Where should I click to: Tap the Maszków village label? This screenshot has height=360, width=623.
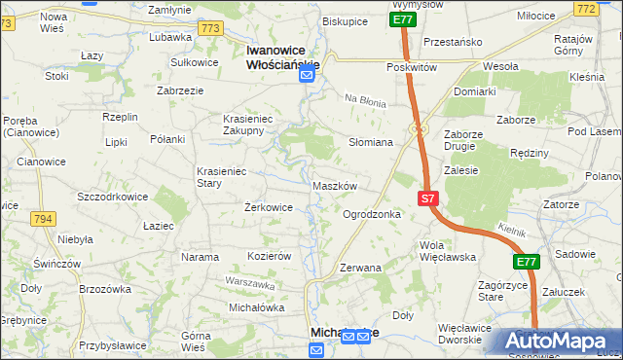pyautogui.click(x=336, y=185)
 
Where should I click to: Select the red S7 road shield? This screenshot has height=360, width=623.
pyautogui.click(x=428, y=198)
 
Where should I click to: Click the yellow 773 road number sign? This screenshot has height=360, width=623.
pyautogui.click(x=209, y=28)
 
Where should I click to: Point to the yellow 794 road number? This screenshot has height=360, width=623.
pyautogui.click(x=42, y=219)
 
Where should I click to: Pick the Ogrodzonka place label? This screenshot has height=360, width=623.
pyautogui.click(x=372, y=214)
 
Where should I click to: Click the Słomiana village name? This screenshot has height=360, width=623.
pyautogui.click(x=370, y=142)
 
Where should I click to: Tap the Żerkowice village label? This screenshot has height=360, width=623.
pyautogui.click(x=268, y=207)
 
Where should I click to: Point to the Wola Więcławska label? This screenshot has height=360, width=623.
pyautogui.click(x=447, y=251)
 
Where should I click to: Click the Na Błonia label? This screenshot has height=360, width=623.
pyautogui.click(x=366, y=100)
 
